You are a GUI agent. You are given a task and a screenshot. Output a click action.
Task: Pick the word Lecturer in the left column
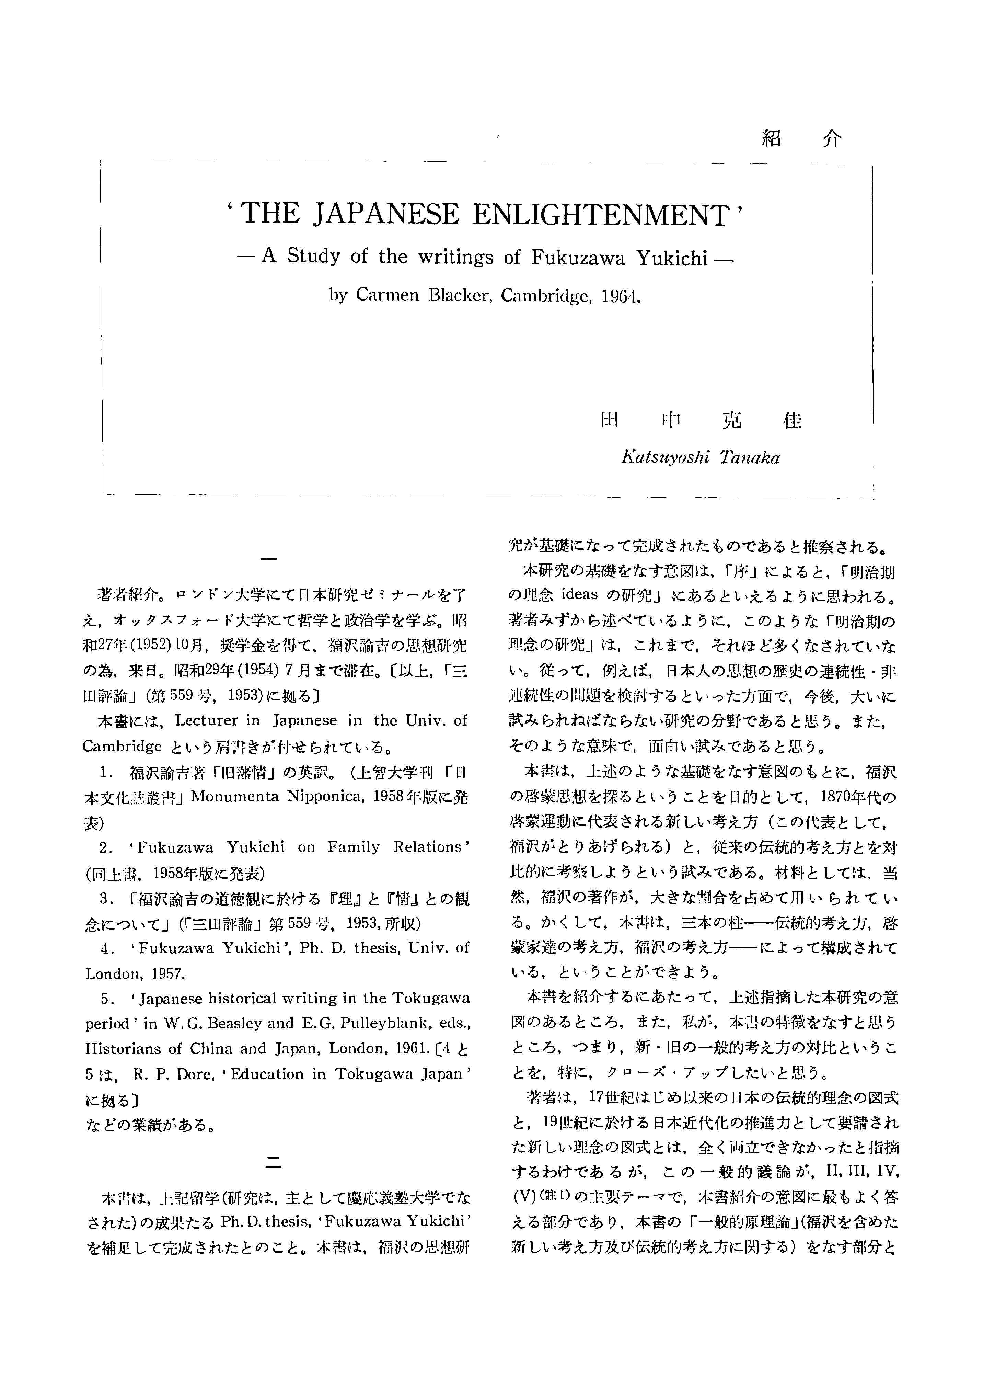click(x=206, y=720)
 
